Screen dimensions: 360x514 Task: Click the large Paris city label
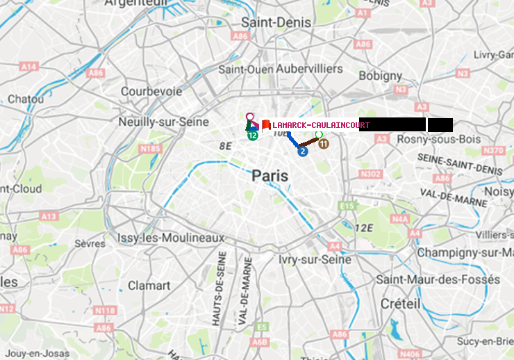[270, 176]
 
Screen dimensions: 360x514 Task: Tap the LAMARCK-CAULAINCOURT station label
[320, 125]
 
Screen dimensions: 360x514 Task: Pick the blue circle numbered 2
[302, 151]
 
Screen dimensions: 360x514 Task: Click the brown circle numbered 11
[323, 143]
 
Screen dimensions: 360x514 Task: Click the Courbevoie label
[151, 91]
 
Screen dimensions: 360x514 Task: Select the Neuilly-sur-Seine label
[164, 122]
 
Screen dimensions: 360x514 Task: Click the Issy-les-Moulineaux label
[171, 238]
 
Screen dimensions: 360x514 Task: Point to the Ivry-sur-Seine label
[315, 259]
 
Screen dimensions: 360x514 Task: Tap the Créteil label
[400, 304]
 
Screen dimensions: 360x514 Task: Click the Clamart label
[149, 286]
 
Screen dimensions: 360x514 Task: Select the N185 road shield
[150, 148]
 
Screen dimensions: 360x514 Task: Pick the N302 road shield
[372, 174]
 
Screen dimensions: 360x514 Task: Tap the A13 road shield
[48, 216]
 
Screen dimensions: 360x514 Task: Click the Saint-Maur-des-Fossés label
[438, 279]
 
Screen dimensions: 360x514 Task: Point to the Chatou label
[26, 99]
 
